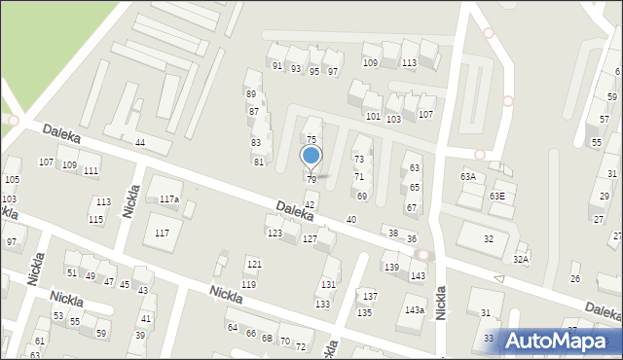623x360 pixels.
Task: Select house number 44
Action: pos(140,143)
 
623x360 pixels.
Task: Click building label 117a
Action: pos(169,199)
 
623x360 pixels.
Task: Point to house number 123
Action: pos(275,234)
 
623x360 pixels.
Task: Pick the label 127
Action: pos(310,239)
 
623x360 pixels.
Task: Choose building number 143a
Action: pos(415,310)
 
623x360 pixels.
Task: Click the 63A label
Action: pos(468,177)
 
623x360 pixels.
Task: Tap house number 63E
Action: pos(497,197)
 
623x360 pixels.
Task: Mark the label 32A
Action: pos(521,260)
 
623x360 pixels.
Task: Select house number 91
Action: pos(277,66)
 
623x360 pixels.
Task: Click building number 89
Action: pos(251,94)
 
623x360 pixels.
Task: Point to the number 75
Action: pos(311,141)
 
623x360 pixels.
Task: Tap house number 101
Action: pos(373,117)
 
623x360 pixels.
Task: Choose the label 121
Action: pos(253,265)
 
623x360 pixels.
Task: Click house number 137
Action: pos(370,296)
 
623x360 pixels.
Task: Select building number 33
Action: pos(488,338)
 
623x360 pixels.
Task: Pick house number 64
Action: pos(233,328)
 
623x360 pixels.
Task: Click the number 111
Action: pos(91,171)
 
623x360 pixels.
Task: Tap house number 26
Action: pos(574,279)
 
